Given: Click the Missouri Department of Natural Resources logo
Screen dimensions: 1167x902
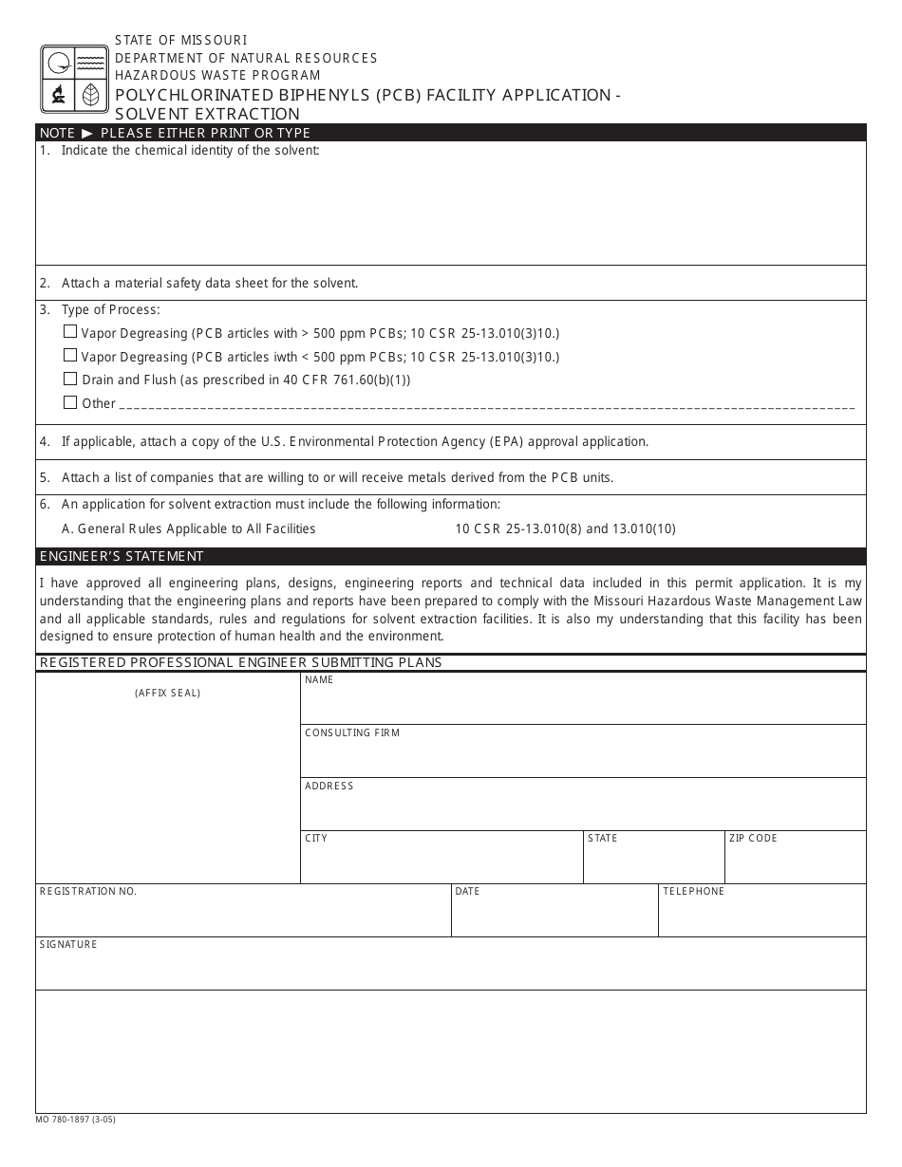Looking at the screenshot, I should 74,79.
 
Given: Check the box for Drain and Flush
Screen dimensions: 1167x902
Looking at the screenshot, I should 70,379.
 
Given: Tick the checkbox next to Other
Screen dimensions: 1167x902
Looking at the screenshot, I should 70,402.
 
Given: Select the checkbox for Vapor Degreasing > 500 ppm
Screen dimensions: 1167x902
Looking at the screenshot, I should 70,332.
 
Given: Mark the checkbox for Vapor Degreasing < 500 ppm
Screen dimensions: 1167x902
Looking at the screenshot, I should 70,356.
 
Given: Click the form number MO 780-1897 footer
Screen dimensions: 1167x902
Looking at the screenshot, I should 76,1120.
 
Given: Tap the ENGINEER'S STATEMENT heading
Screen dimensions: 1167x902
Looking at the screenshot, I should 122,556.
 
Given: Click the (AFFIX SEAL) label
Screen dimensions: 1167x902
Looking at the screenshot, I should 168,693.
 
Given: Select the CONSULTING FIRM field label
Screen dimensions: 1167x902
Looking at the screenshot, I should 352,732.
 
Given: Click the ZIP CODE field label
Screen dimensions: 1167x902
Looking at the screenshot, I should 753,838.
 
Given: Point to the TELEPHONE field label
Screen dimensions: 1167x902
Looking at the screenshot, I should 693,891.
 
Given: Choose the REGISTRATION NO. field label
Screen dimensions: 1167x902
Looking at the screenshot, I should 88,891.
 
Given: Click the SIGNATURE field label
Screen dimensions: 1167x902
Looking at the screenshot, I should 68,944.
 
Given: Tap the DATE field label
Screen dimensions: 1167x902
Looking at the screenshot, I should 467,891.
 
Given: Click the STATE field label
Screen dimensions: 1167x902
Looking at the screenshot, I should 603,838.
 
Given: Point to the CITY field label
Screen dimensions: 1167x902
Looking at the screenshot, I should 316,838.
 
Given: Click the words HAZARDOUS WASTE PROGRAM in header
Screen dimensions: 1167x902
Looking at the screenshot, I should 217,75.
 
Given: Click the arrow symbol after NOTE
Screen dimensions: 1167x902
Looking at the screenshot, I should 87,133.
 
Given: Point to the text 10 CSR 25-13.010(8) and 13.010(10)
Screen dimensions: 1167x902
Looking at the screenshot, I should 565,528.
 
